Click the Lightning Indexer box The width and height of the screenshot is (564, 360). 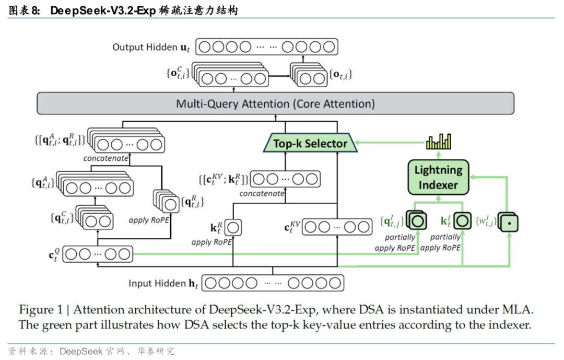point(438,177)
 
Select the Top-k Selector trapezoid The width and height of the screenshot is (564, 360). point(310,143)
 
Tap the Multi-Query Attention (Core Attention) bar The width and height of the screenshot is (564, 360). point(275,103)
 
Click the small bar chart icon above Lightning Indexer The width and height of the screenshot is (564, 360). point(438,142)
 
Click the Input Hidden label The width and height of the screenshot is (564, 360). point(157,283)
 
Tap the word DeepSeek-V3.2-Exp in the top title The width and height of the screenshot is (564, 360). point(103,10)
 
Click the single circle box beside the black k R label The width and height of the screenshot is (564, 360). point(233,227)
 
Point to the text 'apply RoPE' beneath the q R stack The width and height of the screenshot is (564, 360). point(149,220)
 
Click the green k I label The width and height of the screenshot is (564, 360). point(446,222)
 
